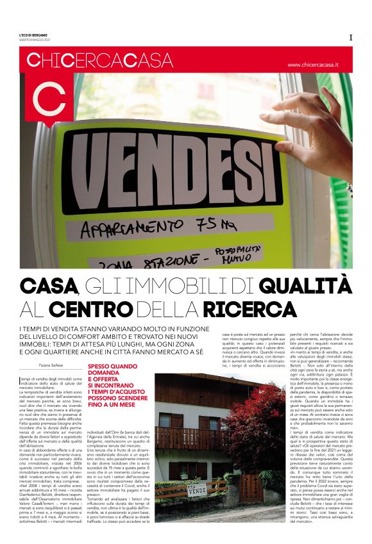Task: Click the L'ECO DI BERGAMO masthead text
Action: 33,35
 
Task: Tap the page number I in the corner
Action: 351,37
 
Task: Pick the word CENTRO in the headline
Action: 90,309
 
